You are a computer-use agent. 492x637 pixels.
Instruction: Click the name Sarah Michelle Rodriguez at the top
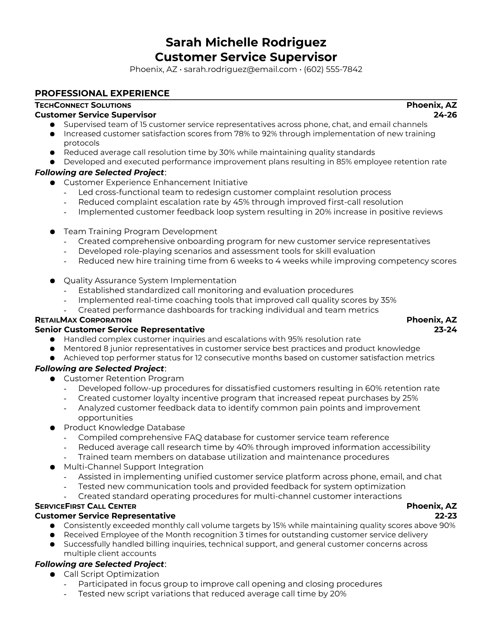click(x=246, y=42)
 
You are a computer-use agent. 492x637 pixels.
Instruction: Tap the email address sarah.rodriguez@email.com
click(x=240, y=69)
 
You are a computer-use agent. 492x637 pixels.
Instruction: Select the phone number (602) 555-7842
click(x=333, y=69)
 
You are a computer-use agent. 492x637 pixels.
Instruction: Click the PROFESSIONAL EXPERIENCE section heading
click(x=102, y=93)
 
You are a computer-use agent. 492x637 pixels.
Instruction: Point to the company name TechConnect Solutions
click(x=83, y=105)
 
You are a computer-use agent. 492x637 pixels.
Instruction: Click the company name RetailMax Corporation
click(x=83, y=320)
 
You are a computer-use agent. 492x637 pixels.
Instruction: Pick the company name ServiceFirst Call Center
click(x=86, y=506)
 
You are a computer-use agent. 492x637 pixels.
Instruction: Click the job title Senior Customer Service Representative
click(x=120, y=330)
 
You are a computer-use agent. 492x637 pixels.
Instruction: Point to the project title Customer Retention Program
click(x=124, y=378)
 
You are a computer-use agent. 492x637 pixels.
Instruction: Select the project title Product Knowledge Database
click(x=124, y=427)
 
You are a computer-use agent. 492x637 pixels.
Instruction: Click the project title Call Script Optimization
click(x=111, y=574)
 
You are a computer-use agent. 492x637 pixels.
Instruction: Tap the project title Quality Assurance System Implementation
click(x=150, y=280)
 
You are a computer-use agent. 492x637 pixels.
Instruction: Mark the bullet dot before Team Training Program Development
click(x=52, y=232)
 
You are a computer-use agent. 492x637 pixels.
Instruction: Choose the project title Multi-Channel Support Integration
click(x=133, y=466)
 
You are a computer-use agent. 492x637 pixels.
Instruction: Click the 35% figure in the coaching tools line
click(x=388, y=300)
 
